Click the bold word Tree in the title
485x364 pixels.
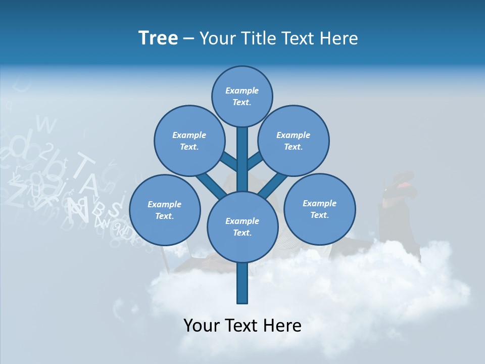click(158, 38)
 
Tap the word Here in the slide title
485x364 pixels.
click(338, 38)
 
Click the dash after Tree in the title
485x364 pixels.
click(188, 39)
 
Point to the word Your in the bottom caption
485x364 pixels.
click(202, 326)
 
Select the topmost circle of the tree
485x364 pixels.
click(242, 96)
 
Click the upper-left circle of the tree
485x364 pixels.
click(189, 141)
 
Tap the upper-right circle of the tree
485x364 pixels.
click(294, 141)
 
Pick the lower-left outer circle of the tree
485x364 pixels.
click(165, 210)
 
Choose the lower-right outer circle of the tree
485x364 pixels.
click(320, 209)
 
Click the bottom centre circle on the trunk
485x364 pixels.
click(243, 226)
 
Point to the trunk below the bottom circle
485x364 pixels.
click(243, 283)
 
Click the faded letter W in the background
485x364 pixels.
click(46, 124)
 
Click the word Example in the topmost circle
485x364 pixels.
click(242, 90)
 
